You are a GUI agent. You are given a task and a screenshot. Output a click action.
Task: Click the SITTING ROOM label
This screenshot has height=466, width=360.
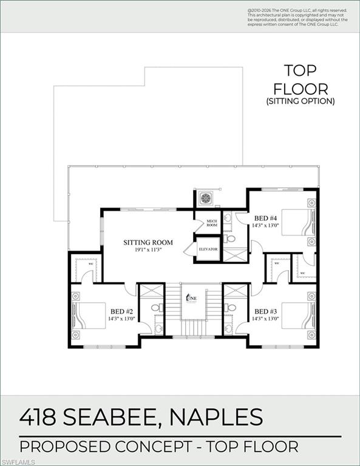pyautogui.click(x=148, y=243)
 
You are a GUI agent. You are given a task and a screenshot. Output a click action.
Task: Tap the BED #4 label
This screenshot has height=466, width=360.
pyautogui.click(x=265, y=218)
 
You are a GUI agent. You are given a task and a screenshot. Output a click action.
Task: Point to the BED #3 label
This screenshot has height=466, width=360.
pyautogui.click(x=265, y=311)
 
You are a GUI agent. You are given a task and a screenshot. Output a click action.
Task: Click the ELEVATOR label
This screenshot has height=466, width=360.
pyautogui.click(x=208, y=249)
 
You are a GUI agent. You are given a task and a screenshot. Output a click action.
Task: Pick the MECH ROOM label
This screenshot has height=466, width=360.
pyautogui.click(x=211, y=223)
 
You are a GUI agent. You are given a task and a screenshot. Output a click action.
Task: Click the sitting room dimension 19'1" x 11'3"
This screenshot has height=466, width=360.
pyautogui.click(x=148, y=250)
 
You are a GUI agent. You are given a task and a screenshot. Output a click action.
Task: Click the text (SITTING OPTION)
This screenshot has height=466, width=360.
pyautogui.click(x=301, y=101)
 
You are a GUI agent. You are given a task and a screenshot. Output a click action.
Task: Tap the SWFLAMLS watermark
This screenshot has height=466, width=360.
pyautogui.click(x=18, y=461)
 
